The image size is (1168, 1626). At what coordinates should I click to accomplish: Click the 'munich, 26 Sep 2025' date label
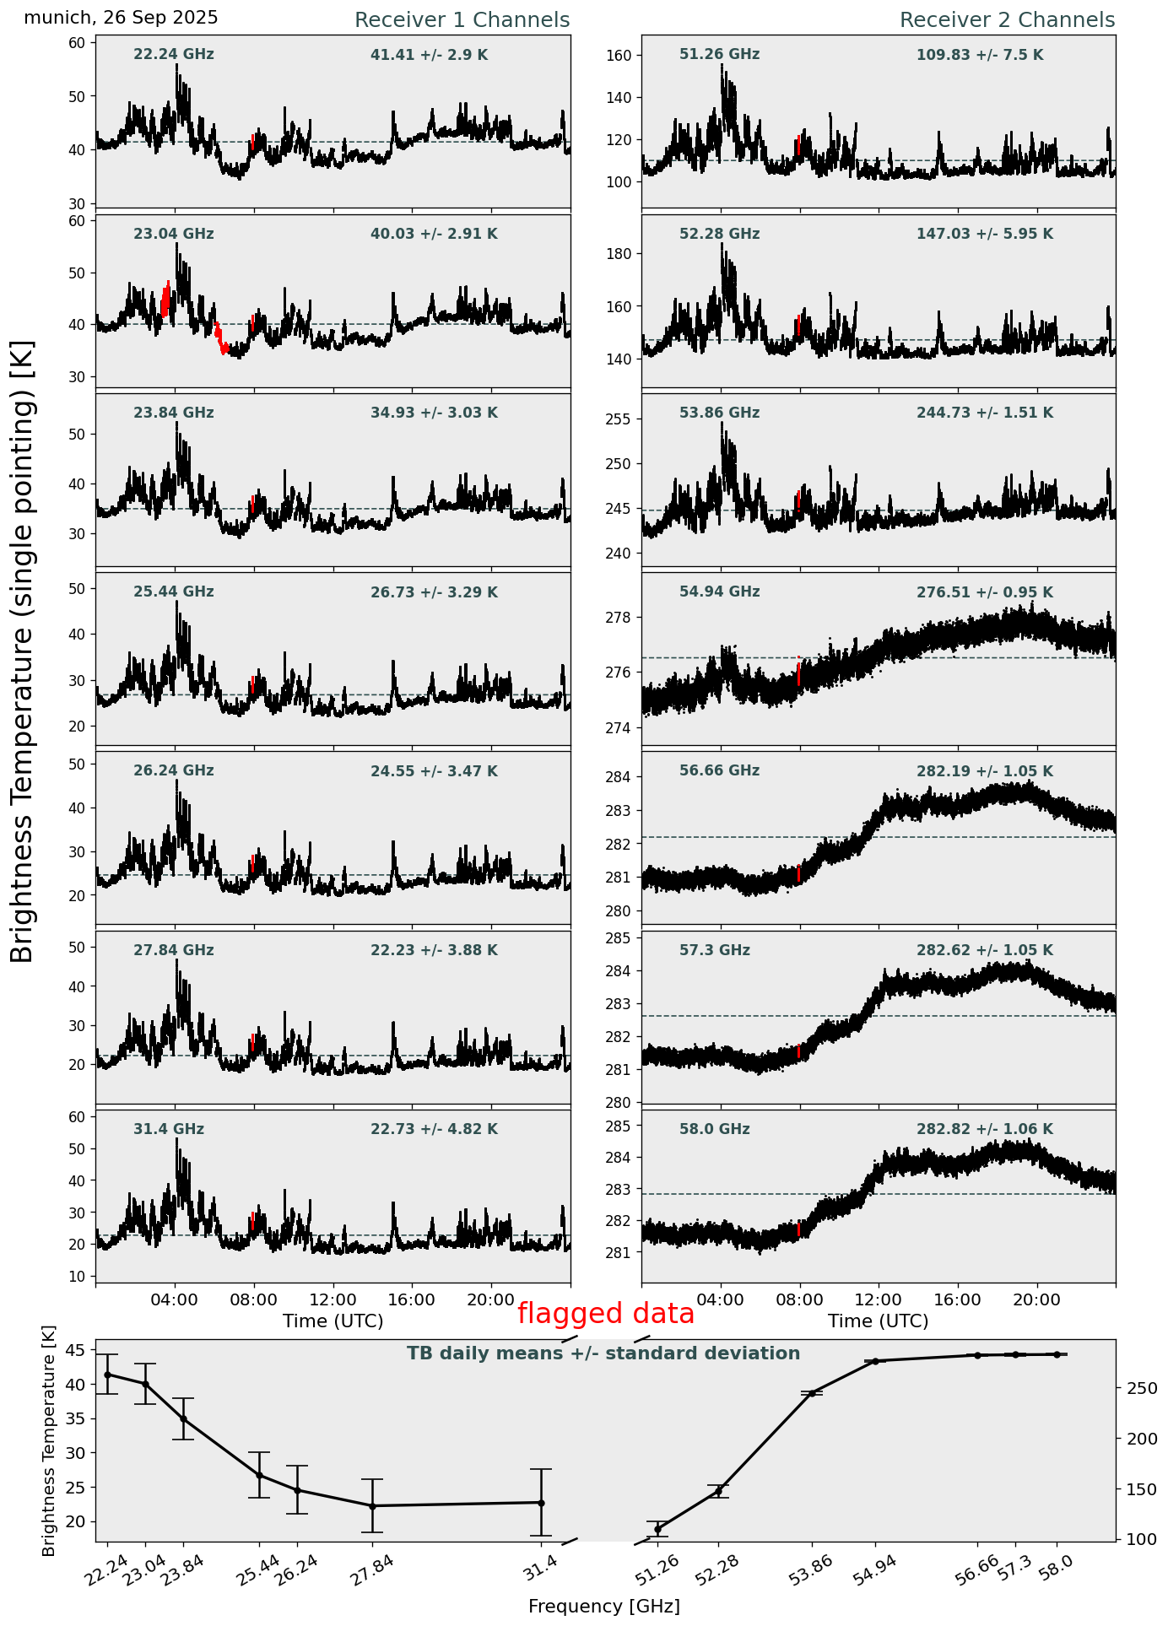point(121,18)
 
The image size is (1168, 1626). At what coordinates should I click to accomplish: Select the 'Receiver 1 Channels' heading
point(462,20)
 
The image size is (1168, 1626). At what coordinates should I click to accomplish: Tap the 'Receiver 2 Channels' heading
point(1007,20)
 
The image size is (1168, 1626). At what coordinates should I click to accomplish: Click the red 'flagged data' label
point(605,1314)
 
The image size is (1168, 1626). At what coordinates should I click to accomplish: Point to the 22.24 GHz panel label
point(174,55)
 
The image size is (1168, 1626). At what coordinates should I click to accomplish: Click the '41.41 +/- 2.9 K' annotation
point(429,56)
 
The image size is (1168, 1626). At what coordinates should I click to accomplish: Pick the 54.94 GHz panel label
point(719,592)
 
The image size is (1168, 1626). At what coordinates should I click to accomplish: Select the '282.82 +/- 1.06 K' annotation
point(984,1130)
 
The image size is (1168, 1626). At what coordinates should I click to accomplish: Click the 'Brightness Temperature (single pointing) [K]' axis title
point(22,651)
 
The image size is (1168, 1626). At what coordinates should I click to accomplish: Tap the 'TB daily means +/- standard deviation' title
point(603,1353)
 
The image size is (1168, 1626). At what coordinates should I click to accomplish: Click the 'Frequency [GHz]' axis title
point(603,1606)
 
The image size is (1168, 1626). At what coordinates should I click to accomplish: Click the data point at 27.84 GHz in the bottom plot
point(372,1506)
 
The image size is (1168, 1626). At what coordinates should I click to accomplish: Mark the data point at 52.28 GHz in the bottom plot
point(718,1492)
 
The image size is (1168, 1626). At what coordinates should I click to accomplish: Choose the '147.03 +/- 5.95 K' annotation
point(984,235)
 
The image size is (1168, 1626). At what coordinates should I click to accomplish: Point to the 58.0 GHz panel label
point(714,1130)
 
